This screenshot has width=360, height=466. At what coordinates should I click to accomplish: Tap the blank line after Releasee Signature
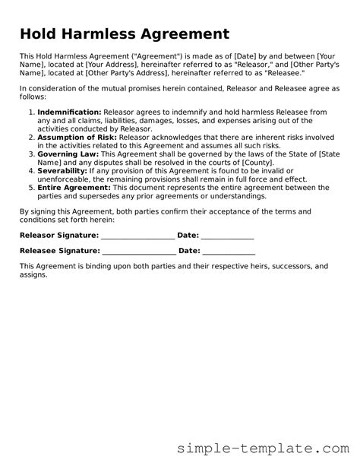coord(138,251)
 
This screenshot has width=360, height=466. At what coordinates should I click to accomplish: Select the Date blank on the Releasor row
coord(228,236)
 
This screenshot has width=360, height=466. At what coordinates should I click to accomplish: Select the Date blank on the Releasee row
coord(229,251)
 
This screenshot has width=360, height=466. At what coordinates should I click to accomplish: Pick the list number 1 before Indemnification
coord(31,113)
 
